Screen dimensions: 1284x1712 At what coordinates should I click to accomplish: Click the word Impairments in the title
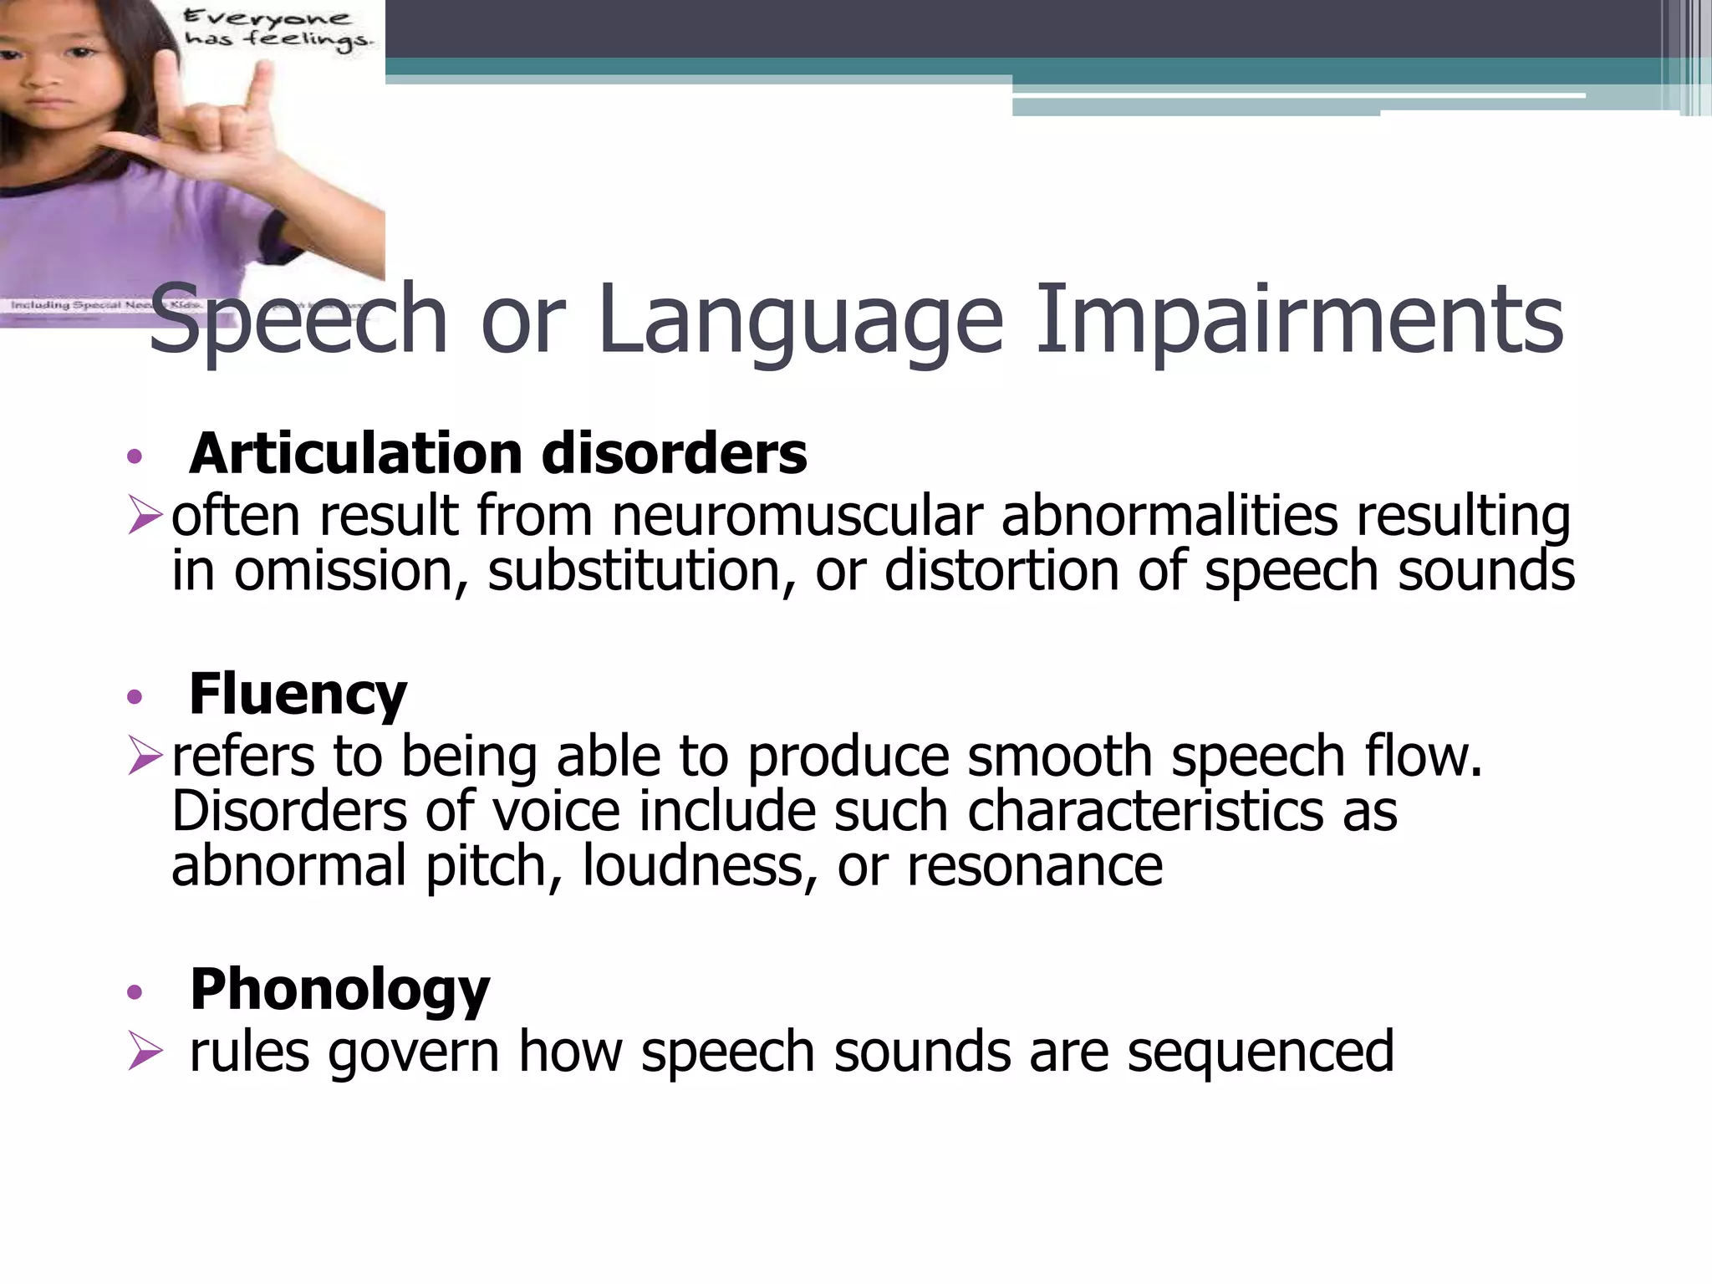(1299, 319)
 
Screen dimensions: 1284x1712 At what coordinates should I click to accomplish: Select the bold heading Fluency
(298, 694)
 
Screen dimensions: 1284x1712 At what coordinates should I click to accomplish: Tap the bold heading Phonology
(339, 990)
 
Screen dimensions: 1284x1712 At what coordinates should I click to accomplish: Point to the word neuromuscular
(797, 516)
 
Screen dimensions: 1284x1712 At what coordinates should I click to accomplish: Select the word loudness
(699, 866)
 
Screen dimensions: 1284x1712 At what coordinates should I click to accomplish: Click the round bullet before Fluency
(135, 696)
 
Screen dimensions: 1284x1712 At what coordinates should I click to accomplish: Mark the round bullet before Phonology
(135, 992)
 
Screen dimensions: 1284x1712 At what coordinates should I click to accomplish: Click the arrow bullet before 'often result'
(145, 515)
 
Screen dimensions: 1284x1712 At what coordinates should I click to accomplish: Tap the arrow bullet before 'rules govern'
(145, 1052)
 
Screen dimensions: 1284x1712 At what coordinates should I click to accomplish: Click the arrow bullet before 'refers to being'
(145, 756)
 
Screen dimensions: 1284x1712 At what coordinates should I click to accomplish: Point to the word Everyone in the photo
(267, 18)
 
